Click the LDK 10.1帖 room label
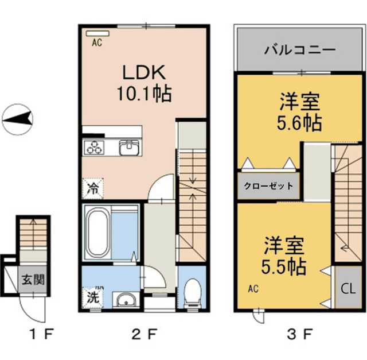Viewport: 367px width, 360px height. tap(144, 83)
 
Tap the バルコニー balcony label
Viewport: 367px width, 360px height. tap(299, 49)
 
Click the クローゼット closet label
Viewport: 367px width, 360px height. tap(268, 185)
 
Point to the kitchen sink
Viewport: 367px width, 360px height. tap(128, 148)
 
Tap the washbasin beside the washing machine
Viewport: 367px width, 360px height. tap(123, 299)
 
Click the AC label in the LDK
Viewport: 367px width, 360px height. tap(97, 41)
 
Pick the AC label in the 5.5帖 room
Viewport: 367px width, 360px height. tap(253, 288)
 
